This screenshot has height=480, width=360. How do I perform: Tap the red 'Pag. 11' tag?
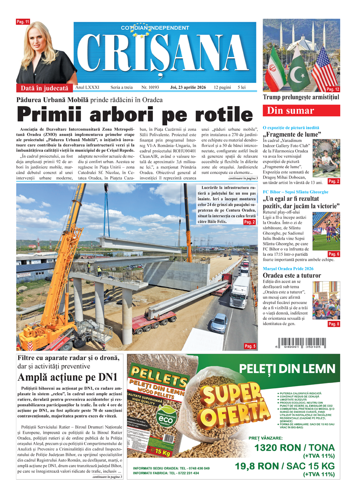click(x=22, y=21)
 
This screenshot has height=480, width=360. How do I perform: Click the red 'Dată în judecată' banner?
click(x=45, y=88)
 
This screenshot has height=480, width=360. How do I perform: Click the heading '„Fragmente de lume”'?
click(x=292, y=134)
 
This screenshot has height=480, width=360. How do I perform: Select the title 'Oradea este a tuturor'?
click(x=292, y=276)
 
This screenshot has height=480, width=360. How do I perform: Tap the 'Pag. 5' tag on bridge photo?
click(x=250, y=346)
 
